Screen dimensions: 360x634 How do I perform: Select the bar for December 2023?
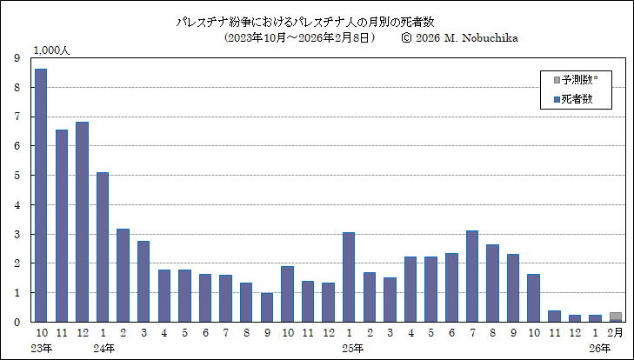coord(82,222)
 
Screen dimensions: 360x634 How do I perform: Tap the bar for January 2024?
coord(103,247)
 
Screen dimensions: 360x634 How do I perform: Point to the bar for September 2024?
coord(266,307)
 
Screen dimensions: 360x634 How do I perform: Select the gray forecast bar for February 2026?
coord(616,316)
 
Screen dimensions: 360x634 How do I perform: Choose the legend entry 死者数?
coord(575,99)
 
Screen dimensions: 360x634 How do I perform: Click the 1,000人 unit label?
coord(51,50)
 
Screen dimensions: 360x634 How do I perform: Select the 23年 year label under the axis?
coord(42,348)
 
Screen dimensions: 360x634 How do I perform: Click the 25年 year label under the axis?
coord(350,348)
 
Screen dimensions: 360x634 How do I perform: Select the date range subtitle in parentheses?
coord(299,38)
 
